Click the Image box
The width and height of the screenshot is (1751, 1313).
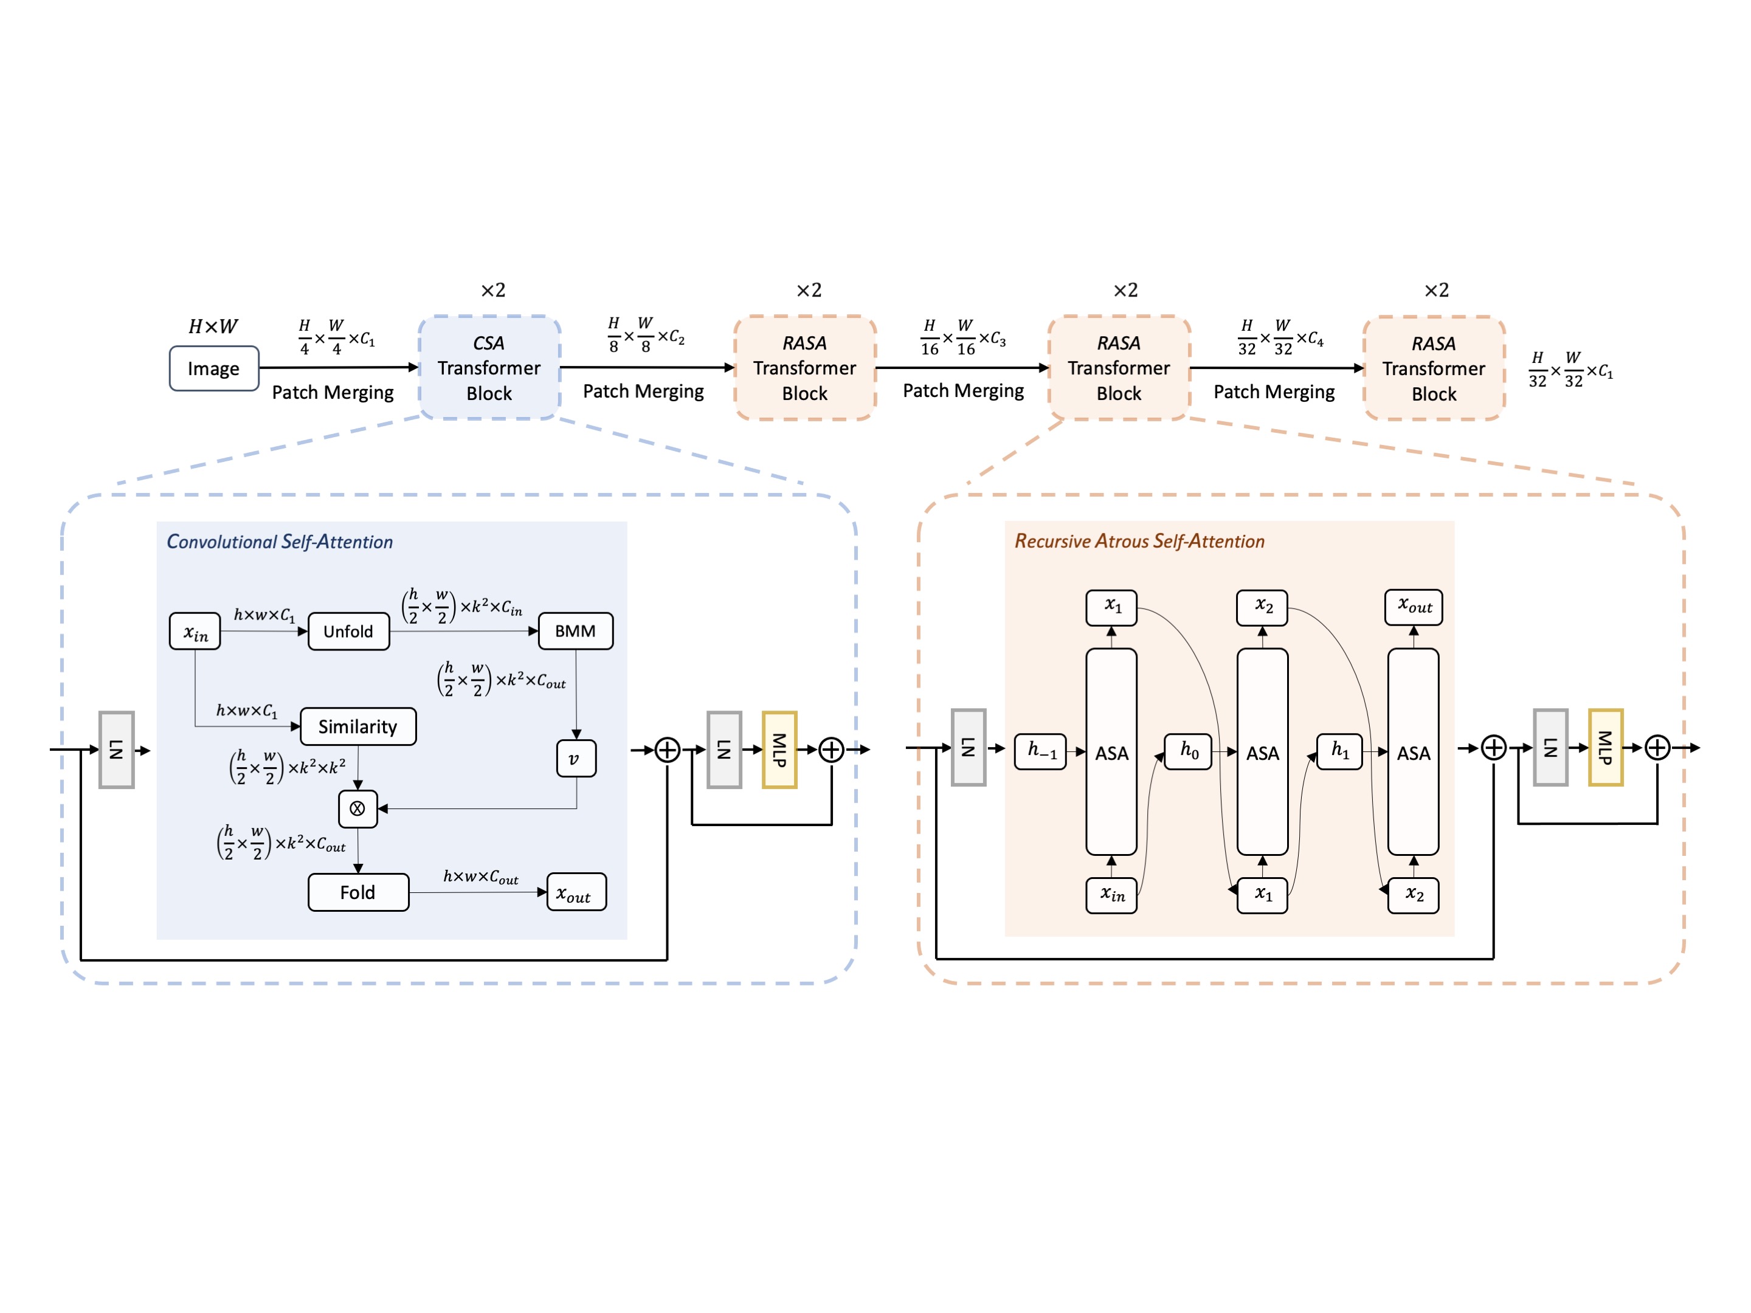coord(214,369)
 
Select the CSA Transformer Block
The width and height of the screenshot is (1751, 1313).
coord(489,368)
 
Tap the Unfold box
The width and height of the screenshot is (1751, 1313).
coord(348,632)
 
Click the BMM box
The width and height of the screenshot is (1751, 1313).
coord(576,632)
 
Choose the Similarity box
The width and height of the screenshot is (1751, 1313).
coord(357,726)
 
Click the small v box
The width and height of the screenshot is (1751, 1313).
coord(576,758)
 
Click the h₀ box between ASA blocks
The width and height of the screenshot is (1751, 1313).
coord(1188,750)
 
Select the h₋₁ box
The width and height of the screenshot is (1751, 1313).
coord(1040,750)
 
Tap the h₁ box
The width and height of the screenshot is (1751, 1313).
coord(1339,750)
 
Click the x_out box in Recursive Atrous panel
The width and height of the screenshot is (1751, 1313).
coord(1414,607)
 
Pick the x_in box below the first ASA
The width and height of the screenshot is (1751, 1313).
coord(1111,895)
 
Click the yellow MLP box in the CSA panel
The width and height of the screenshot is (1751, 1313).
coord(779,750)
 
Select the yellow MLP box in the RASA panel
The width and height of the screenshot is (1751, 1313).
coord(1605,747)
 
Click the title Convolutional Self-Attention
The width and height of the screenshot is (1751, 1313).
coord(280,542)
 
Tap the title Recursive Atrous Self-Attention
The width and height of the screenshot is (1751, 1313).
coord(1139,542)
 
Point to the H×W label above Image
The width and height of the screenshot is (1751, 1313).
coord(213,326)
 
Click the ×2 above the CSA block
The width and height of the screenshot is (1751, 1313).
coord(493,291)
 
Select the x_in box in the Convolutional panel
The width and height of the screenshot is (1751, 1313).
coord(195,632)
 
